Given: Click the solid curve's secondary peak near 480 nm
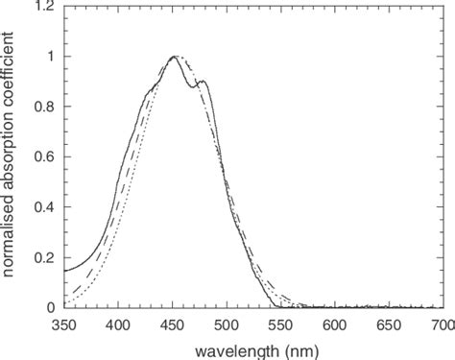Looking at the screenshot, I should [x=203, y=82].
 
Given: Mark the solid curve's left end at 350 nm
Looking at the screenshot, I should [x=63, y=271].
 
